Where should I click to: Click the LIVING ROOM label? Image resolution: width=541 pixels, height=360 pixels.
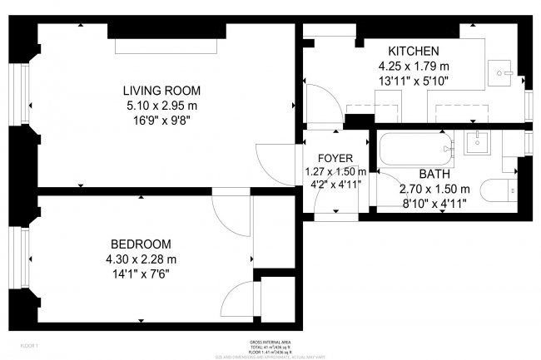pos(161,90)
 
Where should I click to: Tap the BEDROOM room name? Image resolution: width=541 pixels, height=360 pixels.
pos(141,244)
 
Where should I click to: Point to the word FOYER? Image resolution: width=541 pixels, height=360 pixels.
pos(335,158)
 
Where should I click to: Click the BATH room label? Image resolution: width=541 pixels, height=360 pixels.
pos(434,174)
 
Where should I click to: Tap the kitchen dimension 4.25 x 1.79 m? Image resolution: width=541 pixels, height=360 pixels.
pos(413,65)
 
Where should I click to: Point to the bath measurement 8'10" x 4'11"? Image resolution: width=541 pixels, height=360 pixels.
pos(434,202)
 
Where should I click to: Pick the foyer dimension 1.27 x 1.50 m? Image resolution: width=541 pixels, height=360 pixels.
pos(335,172)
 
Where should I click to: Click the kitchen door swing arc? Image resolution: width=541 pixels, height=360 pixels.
pos(320,101)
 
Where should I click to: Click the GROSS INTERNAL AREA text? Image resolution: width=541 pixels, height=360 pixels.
pos(270,341)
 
